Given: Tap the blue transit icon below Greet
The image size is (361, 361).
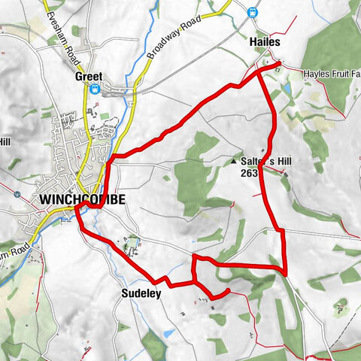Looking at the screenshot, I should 95,89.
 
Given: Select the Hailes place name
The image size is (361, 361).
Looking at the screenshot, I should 265,44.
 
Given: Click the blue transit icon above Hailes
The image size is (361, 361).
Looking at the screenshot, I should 253,12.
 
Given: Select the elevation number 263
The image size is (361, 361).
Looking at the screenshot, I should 250,174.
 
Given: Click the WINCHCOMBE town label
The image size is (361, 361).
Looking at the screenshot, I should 77,199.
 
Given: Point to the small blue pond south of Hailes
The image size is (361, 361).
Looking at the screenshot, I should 287,89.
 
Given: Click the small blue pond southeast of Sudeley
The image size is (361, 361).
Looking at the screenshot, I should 169,332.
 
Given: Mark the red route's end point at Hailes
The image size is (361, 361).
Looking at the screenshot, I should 279,64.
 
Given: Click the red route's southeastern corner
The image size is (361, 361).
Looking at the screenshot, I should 287,270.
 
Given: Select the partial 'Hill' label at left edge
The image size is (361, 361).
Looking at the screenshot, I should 6,141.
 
